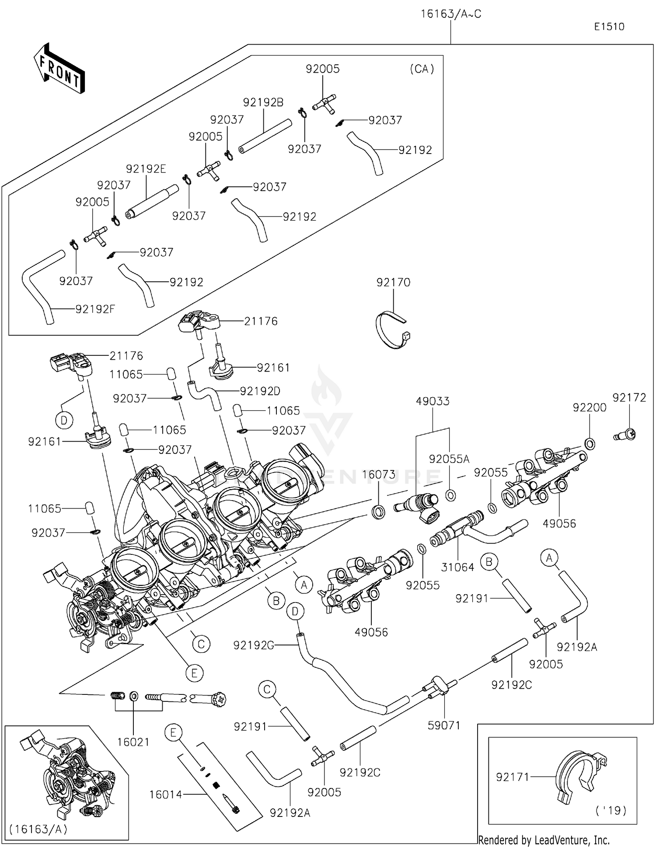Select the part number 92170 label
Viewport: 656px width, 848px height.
393,283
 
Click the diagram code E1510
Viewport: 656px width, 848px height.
609,27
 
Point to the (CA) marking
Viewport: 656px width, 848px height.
422,69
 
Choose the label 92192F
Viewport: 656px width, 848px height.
95,309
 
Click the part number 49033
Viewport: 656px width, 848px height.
432,401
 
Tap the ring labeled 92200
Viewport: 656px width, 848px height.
590,444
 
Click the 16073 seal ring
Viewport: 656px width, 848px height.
378,511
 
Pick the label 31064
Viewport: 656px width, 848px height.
457,567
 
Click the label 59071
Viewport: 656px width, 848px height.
444,725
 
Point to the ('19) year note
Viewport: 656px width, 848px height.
611,810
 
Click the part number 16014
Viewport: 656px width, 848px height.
165,794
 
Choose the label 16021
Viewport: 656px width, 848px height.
133,742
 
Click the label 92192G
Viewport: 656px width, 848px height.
254,645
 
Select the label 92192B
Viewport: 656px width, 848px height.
263,102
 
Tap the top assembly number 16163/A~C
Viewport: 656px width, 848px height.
450,14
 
